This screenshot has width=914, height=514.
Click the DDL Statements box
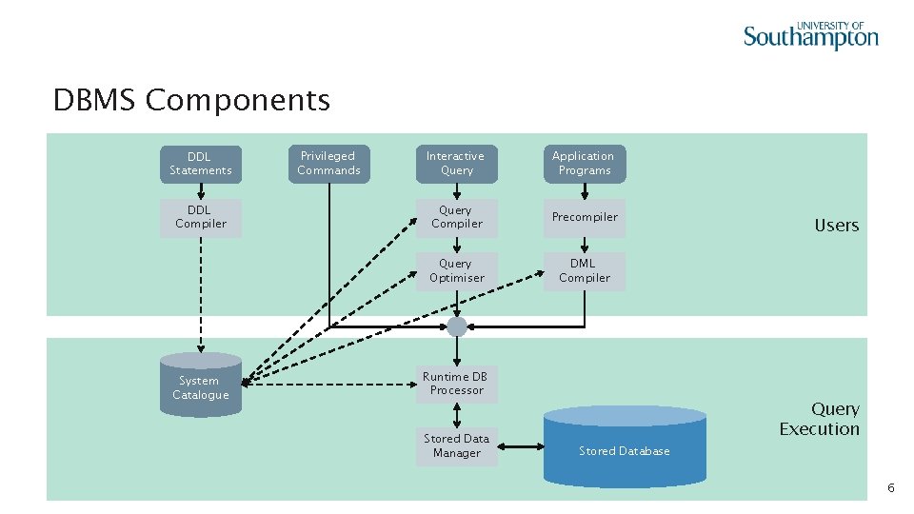click(x=201, y=164)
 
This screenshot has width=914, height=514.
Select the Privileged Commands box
click(x=328, y=164)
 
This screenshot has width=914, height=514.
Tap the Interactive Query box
click(x=456, y=164)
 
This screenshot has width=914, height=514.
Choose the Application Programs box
click(x=585, y=164)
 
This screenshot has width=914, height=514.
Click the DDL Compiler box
click(x=201, y=217)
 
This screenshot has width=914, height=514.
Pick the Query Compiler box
click(x=456, y=217)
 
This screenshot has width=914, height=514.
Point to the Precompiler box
click(x=585, y=217)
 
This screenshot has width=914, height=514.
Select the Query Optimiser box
click(x=456, y=271)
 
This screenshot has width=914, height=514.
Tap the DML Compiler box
click(x=585, y=271)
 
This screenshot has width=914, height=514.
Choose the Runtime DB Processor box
click(x=456, y=384)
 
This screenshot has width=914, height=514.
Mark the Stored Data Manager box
click(x=456, y=446)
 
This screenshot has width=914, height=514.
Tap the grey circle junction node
click(x=457, y=326)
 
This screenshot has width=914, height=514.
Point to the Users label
click(x=836, y=226)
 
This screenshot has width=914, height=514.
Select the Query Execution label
click(x=820, y=419)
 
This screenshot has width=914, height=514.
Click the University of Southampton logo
click(x=810, y=35)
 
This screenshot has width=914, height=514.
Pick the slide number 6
click(x=890, y=487)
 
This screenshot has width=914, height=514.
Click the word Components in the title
click(x=238, y=100)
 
